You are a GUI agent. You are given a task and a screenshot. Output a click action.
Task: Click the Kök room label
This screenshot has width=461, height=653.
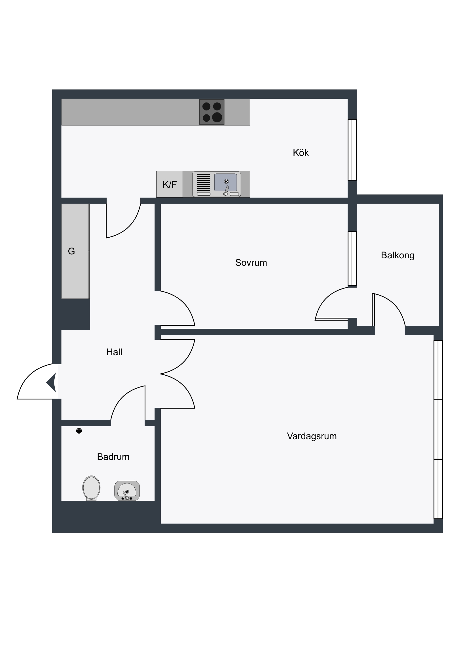[x=301, y=153]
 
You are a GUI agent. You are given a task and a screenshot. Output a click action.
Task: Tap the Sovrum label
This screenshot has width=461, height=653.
[x=251, y=263]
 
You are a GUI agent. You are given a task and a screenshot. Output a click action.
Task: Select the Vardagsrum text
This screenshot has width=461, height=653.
[x=312, y=436]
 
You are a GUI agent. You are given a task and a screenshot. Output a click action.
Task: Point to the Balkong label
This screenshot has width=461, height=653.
[x=397, y=256]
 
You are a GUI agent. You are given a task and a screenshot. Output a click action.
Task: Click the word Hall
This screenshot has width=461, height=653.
[x=114, y=352]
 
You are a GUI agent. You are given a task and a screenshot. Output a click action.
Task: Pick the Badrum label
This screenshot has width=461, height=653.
[x=113, y=457]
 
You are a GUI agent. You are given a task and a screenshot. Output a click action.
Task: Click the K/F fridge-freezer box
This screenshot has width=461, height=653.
[x=170, y=184]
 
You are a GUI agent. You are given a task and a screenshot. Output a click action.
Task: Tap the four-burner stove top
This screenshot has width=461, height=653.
[x=212, y=112]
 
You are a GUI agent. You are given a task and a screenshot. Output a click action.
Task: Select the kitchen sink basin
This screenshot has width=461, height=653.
[x=225, y=182]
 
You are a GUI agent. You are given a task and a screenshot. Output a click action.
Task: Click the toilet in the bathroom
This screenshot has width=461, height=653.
[x=91, y=488]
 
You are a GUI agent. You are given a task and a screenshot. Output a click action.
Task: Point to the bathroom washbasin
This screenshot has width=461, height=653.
[x=127, y=491]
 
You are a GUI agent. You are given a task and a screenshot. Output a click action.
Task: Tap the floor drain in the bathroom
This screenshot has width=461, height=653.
[x=79, y=431]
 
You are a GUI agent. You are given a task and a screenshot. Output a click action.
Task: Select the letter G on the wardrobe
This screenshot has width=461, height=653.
[x=71, y=251]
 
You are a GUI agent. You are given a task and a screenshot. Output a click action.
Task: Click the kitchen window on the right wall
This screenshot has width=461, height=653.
[x=352, y=150]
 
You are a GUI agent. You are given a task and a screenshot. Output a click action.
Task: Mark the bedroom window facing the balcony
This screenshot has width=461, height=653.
[x=352, y=259]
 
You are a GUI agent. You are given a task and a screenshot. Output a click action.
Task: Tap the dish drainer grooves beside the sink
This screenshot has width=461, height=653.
[x=203, y=182]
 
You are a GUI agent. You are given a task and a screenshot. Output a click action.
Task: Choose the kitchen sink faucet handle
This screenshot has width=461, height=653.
[x=226, y=191]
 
